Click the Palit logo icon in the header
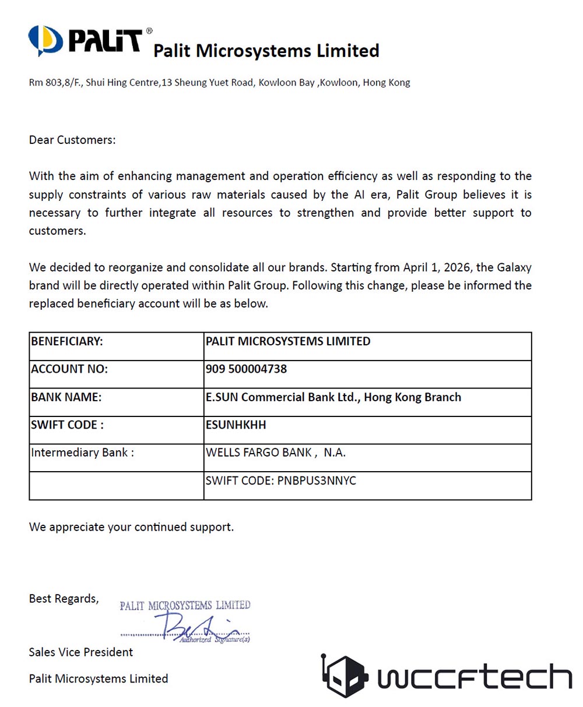[x=45, y=40]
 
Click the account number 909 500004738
[x=246, y=369]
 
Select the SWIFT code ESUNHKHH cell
[x=236, y=425]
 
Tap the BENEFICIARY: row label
[x=67, y=341]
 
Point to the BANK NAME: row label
[x=66, y=397]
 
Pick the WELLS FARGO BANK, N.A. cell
[x=275, y=453]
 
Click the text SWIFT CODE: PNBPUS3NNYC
[x=280, y=481]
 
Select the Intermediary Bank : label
[x=82, y=453]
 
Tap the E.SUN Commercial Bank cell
[x=333, y=397]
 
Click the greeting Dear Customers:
[x=72, y=140]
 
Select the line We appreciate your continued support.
[x=131, y=527]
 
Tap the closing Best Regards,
[x=64, y=599]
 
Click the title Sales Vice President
[x=81, y=652]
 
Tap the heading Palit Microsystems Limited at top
[x=266, y=51]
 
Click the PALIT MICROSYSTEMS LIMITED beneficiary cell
[x=287, y=341]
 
